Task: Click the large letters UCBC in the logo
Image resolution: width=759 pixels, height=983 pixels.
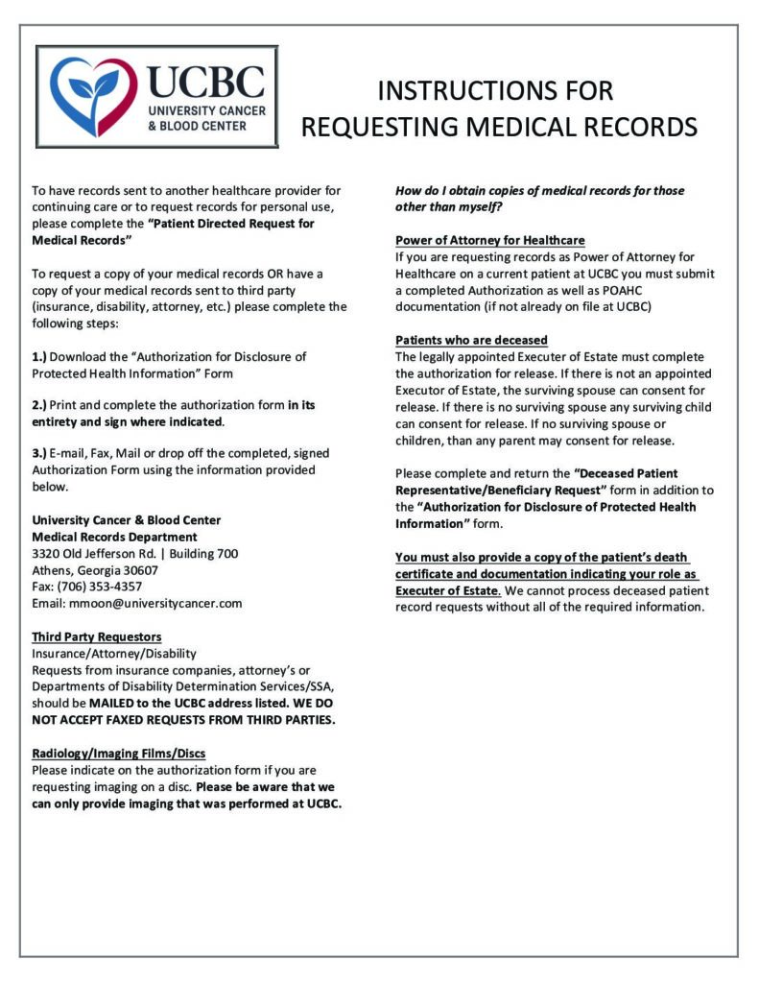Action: pos(207,81)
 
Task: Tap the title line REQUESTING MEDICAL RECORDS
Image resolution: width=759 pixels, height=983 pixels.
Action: pos(499,127)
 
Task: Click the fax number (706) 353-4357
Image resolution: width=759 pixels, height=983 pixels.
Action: pos(100,587)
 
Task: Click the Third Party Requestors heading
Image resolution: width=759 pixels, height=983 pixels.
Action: pos(97,636)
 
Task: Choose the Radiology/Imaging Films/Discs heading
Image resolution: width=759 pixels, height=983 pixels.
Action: pos(119,753)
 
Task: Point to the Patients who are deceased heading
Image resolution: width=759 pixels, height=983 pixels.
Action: pos(471,340)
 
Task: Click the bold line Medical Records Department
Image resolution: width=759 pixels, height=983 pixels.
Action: pos(115,537)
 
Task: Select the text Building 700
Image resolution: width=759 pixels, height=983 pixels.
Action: pos(205,554)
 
